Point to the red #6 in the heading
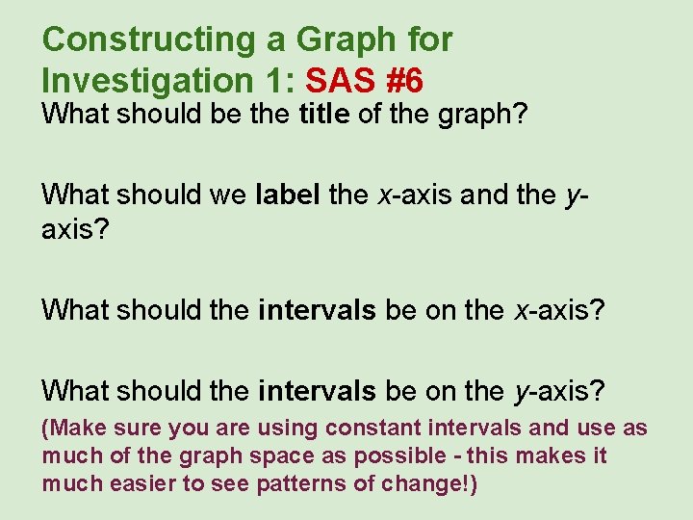[402, 78]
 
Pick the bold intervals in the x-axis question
[317, 310]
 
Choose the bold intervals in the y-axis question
[317, 390]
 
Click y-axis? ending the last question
[560, 391]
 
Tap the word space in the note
[279, 455]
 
